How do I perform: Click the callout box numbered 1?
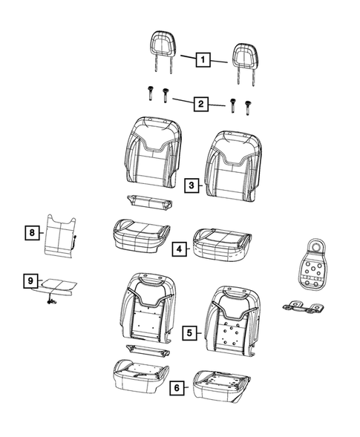point(203,59)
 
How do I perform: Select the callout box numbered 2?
point(201,104)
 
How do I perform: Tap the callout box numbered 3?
point(192,185)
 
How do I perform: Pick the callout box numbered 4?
point(180,249)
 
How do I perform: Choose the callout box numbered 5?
point(189,332)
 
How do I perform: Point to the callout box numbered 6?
point(177,388)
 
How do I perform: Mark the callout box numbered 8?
point(32,232)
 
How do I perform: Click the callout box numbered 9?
point(30,280)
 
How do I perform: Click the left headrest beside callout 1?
point(163,52)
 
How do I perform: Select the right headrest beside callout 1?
point(245,64)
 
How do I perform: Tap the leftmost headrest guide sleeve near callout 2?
point(150,93)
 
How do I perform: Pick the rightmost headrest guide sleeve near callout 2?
point(247,108)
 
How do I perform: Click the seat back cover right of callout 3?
point(232,166)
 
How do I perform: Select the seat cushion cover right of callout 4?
point(222,245)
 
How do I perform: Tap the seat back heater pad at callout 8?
point(61,236)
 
